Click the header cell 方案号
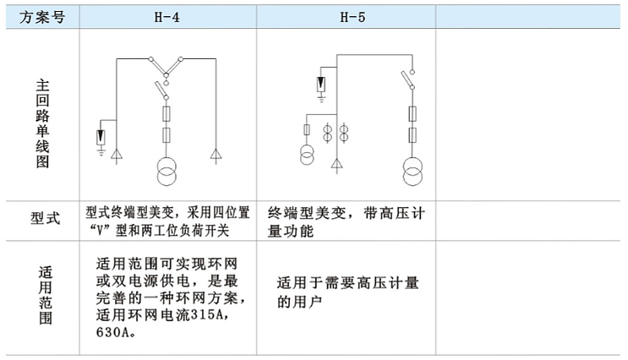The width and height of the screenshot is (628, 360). point(42,17)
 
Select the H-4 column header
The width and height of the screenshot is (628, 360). point(167,17)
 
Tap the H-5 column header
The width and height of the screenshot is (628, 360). point(352,17)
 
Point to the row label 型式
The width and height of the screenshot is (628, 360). point(45,219)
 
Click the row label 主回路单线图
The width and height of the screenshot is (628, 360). point(42,123)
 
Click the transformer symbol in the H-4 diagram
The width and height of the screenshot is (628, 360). point(167,172)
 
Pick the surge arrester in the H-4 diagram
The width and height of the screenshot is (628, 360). point(101,138)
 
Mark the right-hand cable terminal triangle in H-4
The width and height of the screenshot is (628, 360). point(216,155)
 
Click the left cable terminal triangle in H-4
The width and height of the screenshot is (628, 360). point(117,155)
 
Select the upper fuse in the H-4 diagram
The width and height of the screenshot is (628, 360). point(167,114)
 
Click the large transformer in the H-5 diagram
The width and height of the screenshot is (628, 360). point(412,172)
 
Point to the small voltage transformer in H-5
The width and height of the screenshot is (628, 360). point(307,155)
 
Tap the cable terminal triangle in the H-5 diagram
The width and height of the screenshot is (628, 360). point(337,165)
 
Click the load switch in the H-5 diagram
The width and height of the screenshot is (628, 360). point(408,79)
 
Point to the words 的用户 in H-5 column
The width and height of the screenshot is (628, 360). point(299,302)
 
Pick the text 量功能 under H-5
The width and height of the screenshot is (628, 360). point(291,231)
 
